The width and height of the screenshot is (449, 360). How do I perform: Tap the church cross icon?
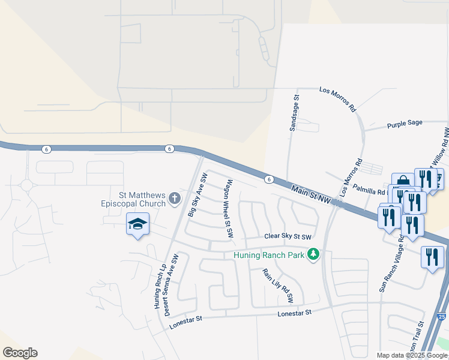coord(175,198)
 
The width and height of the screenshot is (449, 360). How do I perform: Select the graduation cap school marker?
coord(137,224)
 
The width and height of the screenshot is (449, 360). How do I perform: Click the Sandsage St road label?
coord(294,113)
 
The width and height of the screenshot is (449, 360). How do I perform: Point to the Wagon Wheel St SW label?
coord(229,209)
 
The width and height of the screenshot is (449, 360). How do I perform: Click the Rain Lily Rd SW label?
coord(277,284)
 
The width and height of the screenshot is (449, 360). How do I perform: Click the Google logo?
coord(20,353)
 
